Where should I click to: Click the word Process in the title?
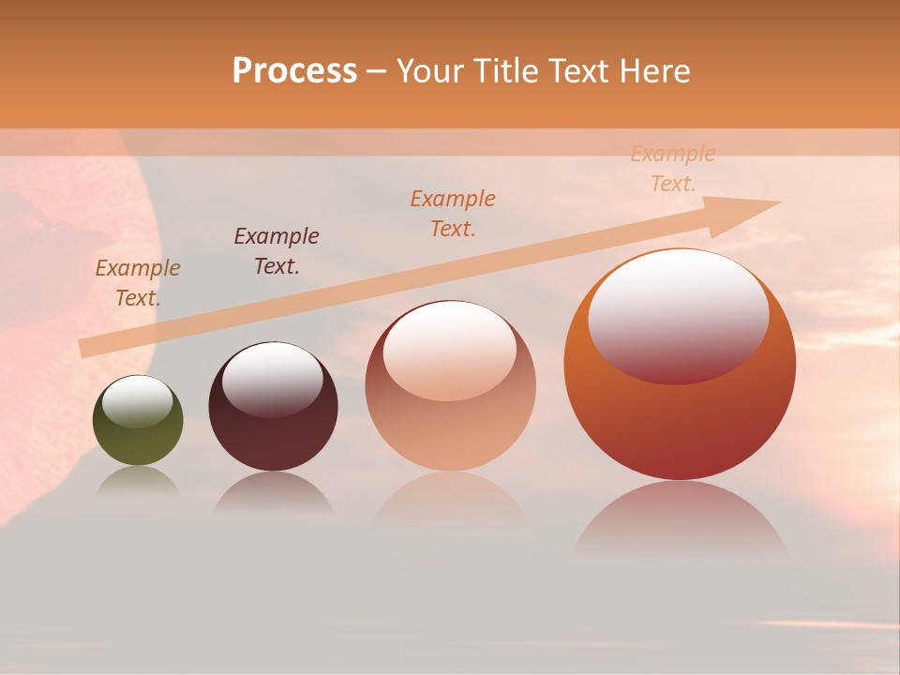(x=294, y=71)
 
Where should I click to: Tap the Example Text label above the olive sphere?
(x=137, y=282)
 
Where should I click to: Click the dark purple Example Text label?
(x=276, y=250)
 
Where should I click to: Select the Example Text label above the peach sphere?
(x=453, y=213)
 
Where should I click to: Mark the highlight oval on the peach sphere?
(x=449, y=350)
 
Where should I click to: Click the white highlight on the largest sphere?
(x=678, y=314)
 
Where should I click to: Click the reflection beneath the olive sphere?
(x=138, y=481)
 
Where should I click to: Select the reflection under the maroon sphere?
(x=272, y=494)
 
